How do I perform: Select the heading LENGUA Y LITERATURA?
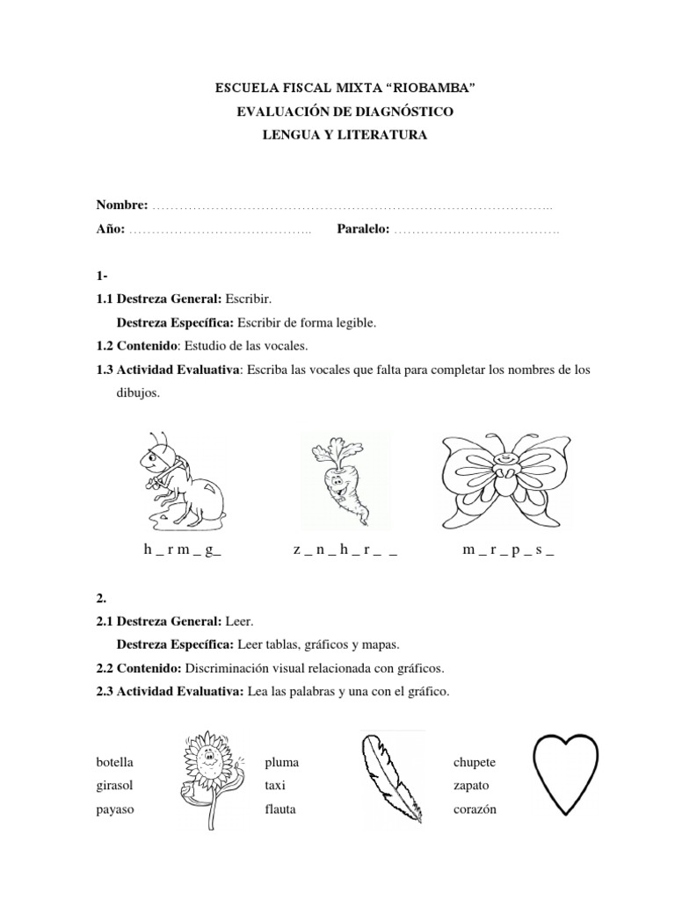(x=337, y=134)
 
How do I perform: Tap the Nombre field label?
(x=122, y=205)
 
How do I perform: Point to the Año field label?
(x=110, y=229)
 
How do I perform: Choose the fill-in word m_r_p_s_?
(x=507, y=550)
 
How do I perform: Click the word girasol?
(x=115, y=785)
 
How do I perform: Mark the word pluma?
(x=281, y=761)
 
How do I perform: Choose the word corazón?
(x=475, y=809)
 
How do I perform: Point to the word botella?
(x=115, y=761)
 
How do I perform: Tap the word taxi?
(x=275, y=785)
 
